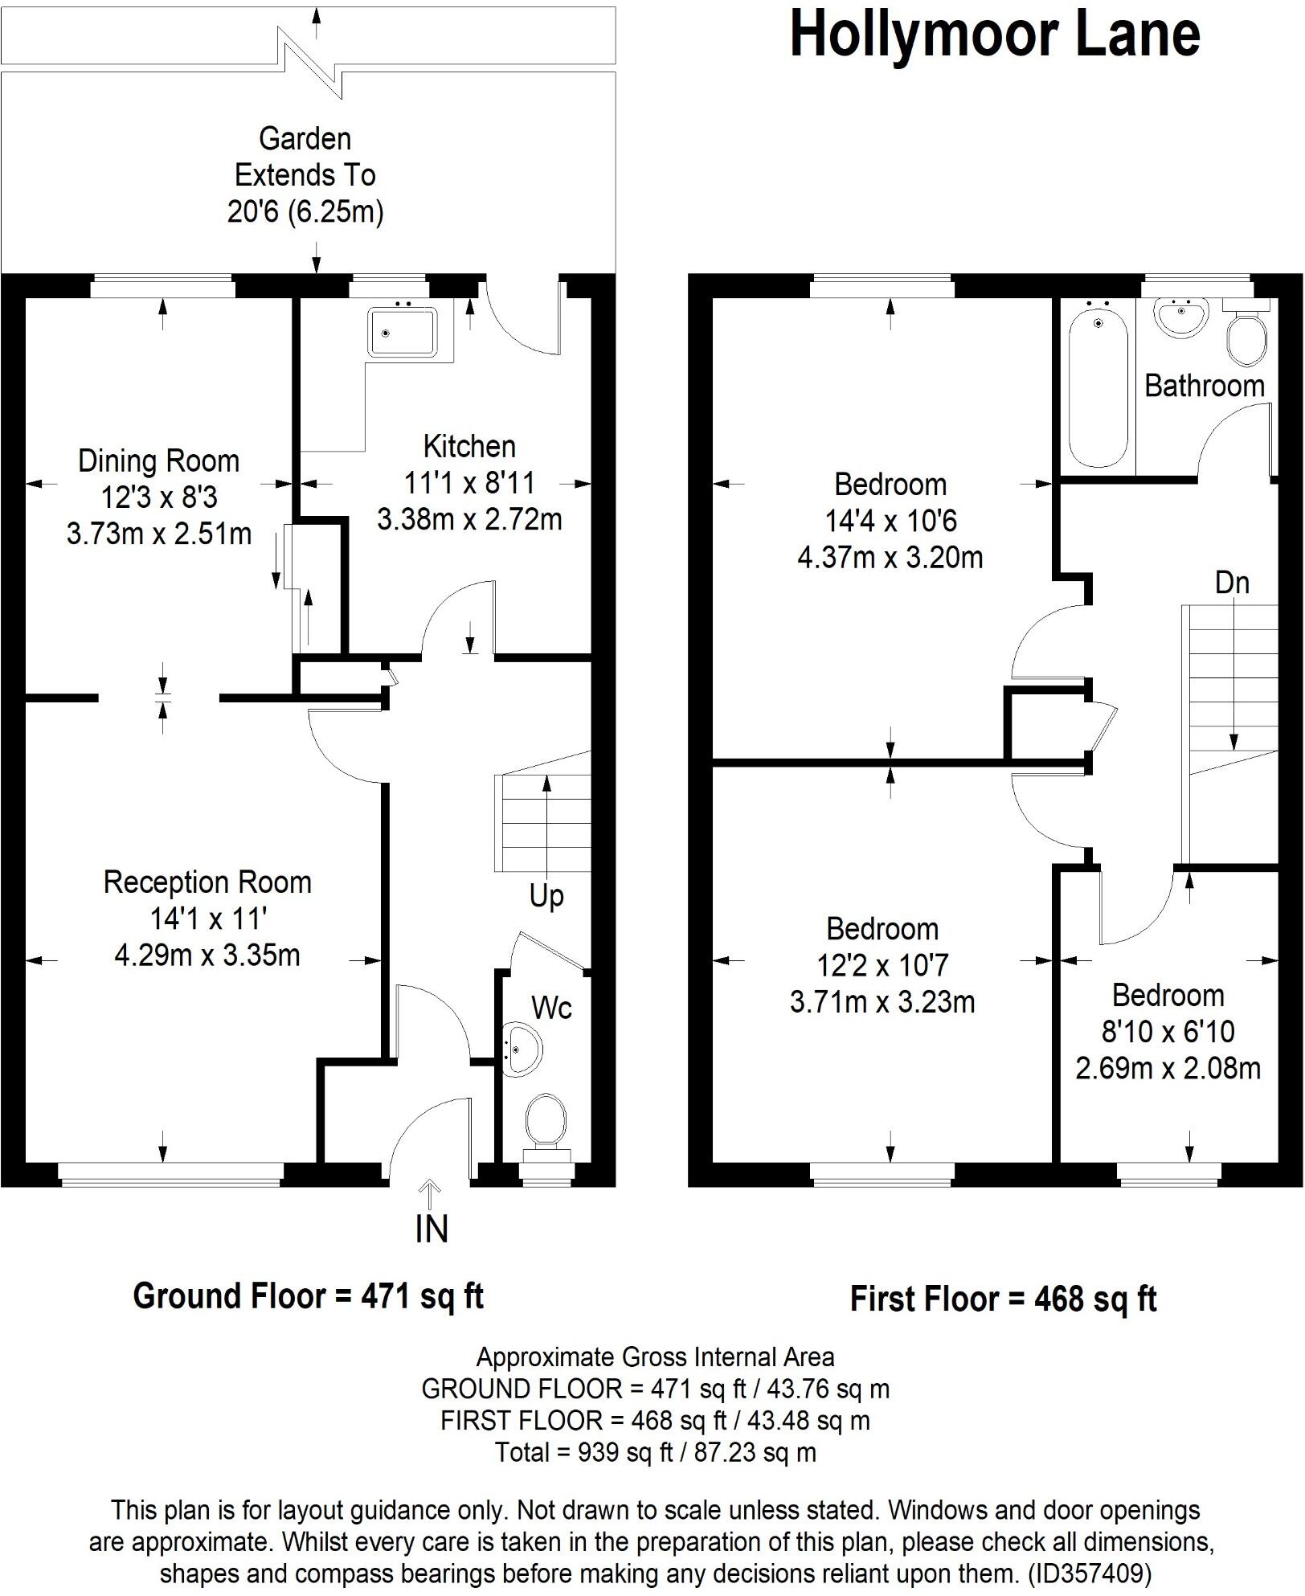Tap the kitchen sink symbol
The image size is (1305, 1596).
(402, 331)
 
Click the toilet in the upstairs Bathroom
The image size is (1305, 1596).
(1247, 337)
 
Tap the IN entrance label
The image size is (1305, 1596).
(432, 1230)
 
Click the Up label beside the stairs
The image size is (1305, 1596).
(546, 895)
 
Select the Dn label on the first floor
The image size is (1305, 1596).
(1232, 583)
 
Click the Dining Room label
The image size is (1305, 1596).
(159, 461)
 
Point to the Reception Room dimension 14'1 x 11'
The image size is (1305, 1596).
(207, 919)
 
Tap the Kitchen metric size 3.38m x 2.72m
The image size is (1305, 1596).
(469, 520)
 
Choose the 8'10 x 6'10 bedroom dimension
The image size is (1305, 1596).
(1168, 1032)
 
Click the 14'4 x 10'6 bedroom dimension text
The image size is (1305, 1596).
(890, 522)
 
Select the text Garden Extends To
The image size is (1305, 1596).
(305, 157)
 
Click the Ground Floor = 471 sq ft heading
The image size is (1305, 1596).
(308, 1296)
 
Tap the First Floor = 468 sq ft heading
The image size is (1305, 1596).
(1003, 1299)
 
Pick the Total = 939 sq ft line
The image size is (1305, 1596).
(655, 1452)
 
